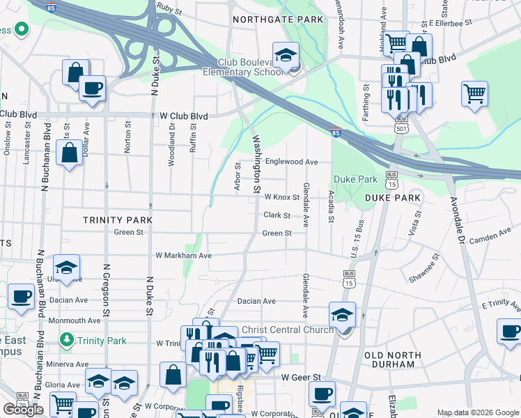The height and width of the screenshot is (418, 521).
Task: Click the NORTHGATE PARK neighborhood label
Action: point(278,20)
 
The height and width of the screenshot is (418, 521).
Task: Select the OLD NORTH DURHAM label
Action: point(393,360)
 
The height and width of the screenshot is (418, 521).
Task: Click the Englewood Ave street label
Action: point(291,162)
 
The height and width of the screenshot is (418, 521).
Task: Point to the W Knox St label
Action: point(280,197)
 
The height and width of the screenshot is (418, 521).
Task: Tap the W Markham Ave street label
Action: point(183,256)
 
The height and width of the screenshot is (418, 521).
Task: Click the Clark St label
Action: point(277,215)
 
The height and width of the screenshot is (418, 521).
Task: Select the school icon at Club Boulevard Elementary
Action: point(286,56)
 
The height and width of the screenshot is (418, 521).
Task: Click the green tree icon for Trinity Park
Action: point(66,341)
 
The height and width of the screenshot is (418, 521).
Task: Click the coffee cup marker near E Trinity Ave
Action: point(510,331)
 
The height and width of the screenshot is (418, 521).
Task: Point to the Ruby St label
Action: point(169,12)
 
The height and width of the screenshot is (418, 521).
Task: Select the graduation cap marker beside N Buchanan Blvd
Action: point(66,268)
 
